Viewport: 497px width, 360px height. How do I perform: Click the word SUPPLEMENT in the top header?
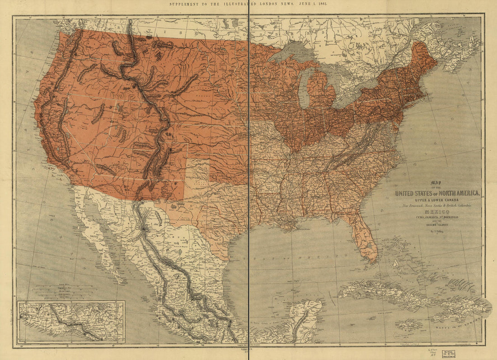pos(185,3)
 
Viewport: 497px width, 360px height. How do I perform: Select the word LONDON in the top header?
pos(271,3)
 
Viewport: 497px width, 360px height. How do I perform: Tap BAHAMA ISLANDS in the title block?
pos(436,224)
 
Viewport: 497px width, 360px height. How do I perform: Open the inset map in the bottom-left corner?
pos(71,322)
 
